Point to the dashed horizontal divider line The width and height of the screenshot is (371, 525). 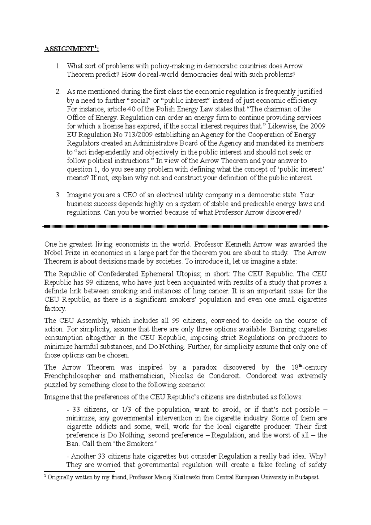[185, 227]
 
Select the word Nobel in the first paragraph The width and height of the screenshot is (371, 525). [53, 253]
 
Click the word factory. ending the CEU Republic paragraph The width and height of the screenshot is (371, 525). [55, 308]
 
